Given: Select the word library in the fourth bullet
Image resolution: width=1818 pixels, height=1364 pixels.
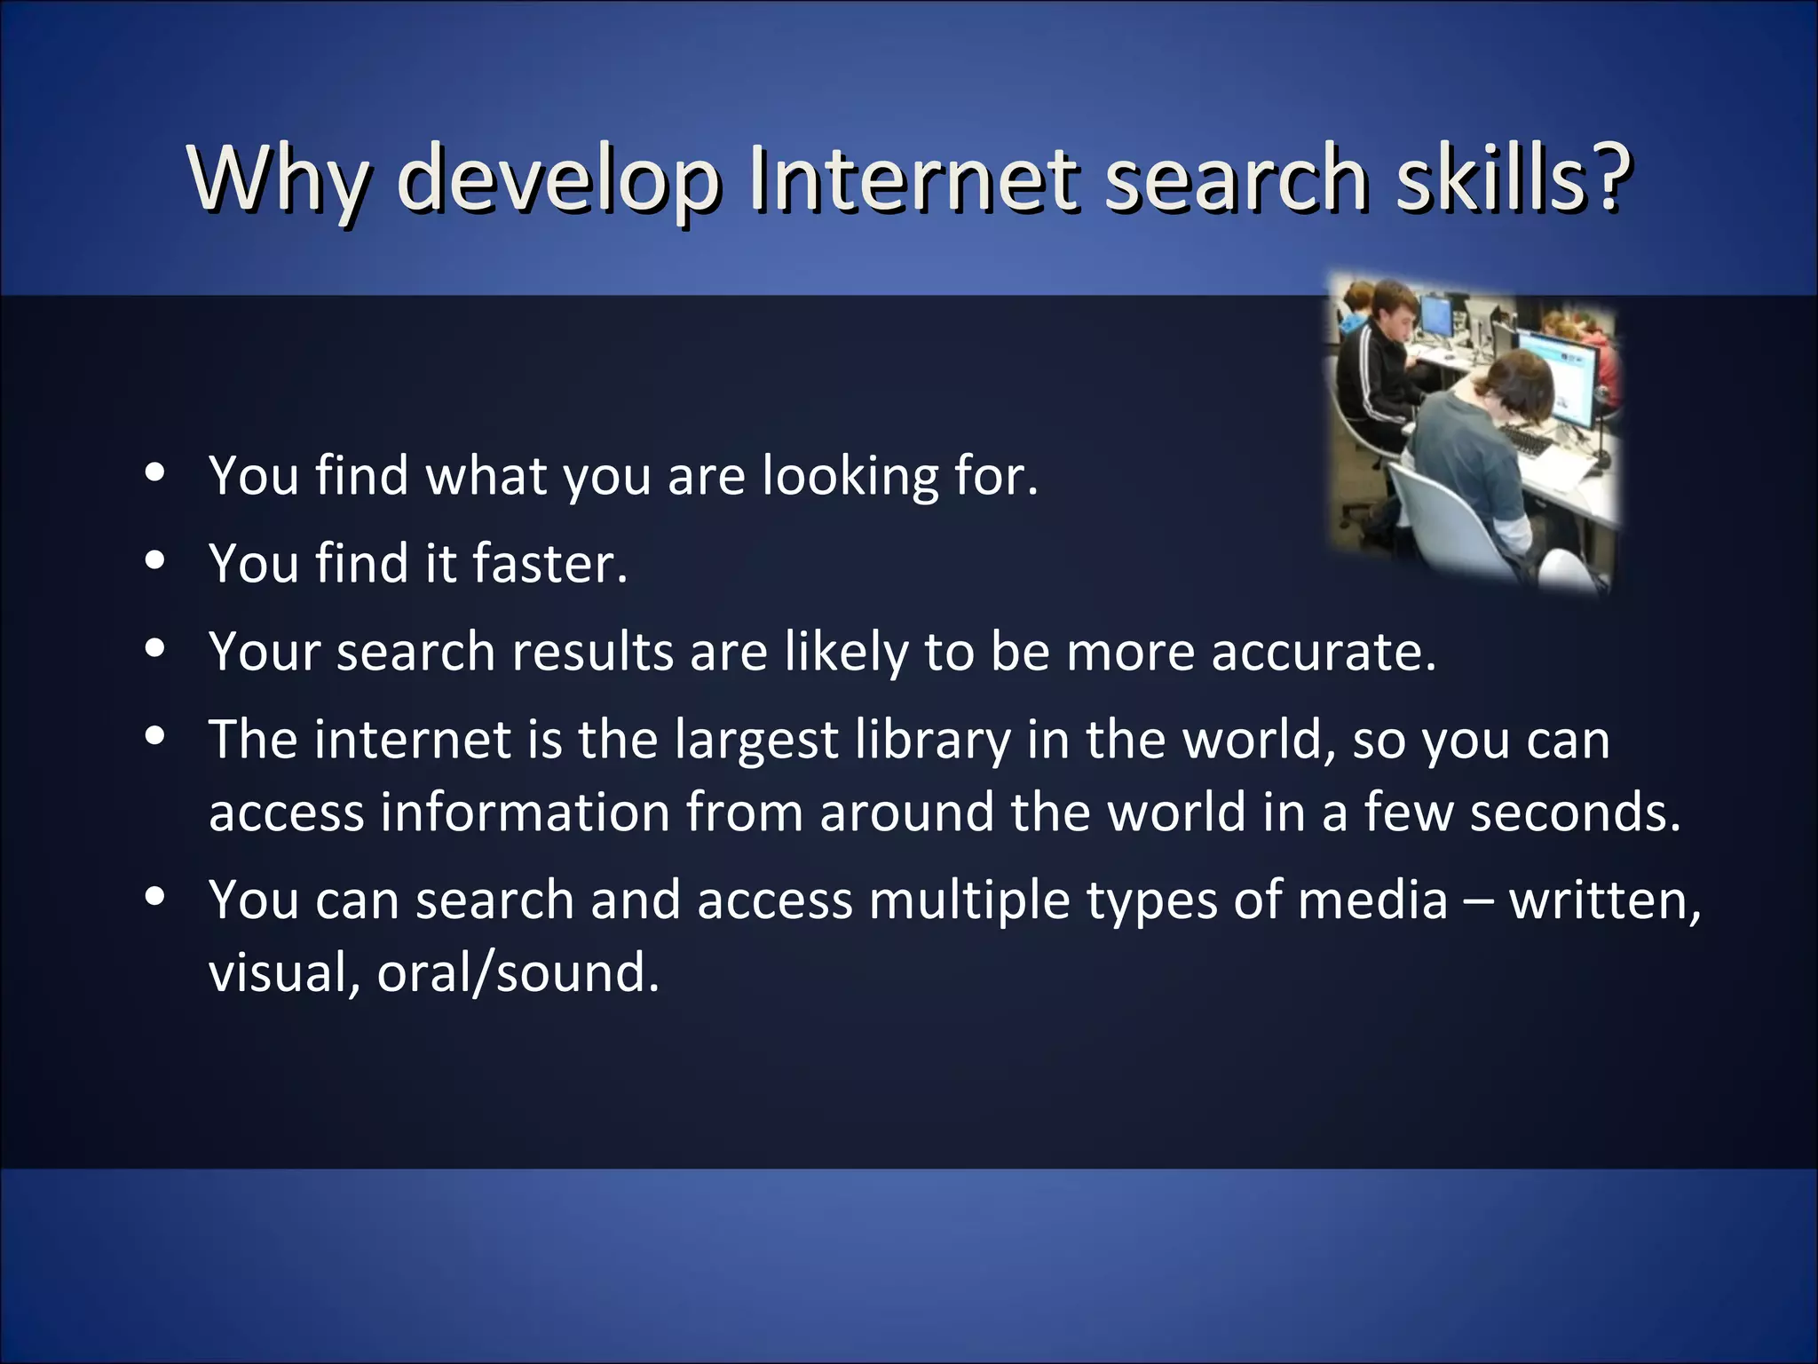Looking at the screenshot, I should click(932, 741).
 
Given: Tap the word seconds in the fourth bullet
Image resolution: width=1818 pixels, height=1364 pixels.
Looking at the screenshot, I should click(1575, 812).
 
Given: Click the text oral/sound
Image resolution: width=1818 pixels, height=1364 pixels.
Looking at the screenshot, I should click(518, 971).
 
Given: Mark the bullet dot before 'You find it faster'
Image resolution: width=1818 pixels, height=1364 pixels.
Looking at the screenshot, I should click(155, 561).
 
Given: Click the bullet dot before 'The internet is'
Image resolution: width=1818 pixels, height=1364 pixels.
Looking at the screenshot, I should click(155, 736).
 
